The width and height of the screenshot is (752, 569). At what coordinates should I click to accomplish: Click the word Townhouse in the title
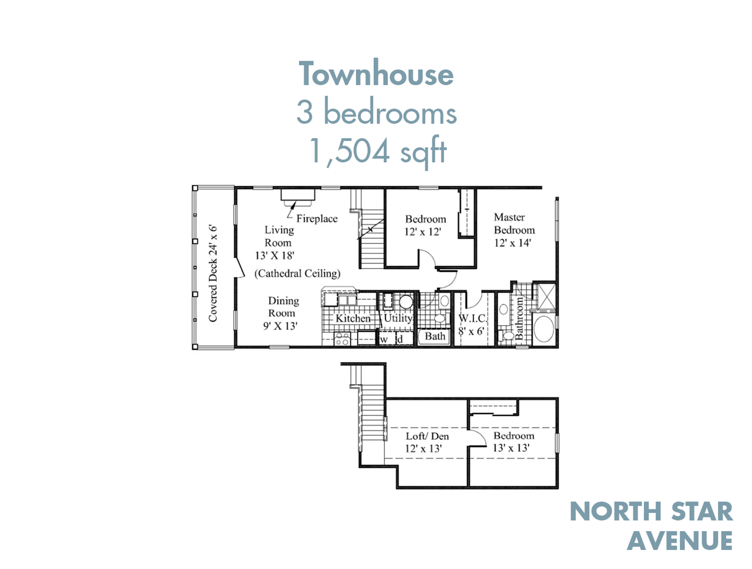coord(376,74)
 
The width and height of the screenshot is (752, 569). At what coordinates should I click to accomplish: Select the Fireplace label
coord(316,219)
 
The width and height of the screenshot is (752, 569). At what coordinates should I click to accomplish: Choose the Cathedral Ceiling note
coord(297,273)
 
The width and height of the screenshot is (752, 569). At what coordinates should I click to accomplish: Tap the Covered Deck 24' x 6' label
coord(213,273)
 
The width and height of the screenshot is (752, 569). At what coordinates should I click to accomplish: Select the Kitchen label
coord(353,318)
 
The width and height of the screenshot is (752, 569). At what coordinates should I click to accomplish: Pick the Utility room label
coord(398,318)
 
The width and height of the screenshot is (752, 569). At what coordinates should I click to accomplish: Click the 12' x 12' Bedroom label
coord(425,225)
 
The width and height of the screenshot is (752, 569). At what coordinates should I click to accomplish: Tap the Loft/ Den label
coord(427,442)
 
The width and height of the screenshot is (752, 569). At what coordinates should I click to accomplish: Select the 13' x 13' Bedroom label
coord(513,442)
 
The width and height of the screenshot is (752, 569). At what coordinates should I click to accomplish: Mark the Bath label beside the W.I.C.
coord(435,336)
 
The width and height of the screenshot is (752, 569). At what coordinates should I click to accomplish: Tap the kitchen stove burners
coord(342,339)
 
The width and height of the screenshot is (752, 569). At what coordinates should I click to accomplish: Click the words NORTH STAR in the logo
coord(651,512)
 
